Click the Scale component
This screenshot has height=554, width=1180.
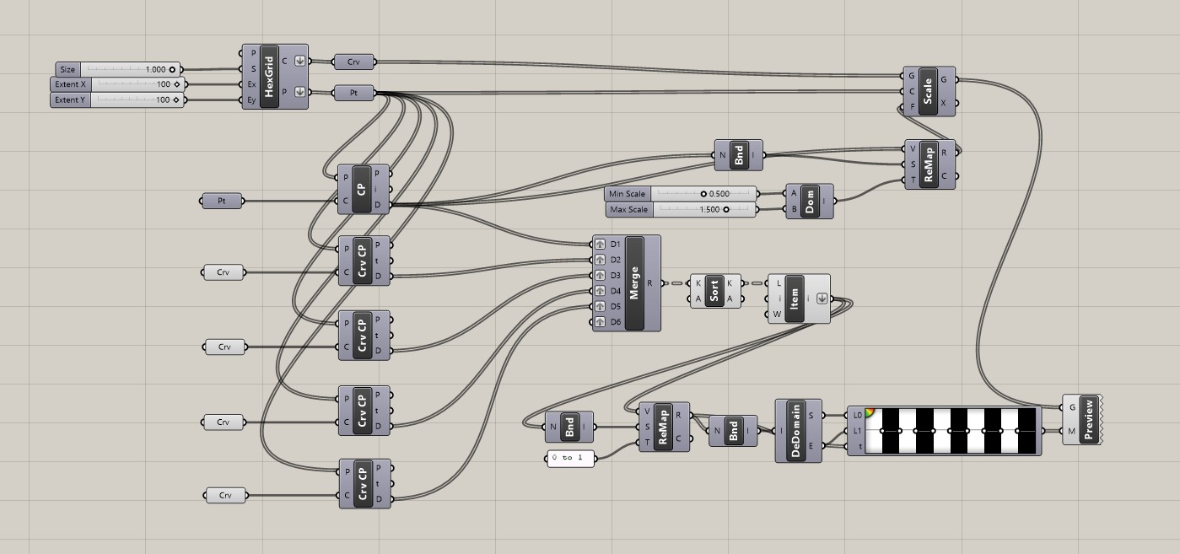click(928, 91)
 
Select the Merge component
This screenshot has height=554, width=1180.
click(634, 283)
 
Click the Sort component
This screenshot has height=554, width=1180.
click(714, 291)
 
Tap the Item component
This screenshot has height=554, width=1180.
click(794, 298)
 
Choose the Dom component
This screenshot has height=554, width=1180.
click(810, 201)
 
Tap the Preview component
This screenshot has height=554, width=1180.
click(1088, 419)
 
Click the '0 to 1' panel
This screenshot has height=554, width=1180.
click(571, 458)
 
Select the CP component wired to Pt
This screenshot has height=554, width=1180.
click(362, 189)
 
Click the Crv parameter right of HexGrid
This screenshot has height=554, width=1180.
click(354, 62)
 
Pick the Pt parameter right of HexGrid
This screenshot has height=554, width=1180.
click(354, 93)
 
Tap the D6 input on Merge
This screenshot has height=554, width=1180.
click(600, 322)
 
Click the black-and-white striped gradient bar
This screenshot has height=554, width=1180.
click(954, 431)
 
